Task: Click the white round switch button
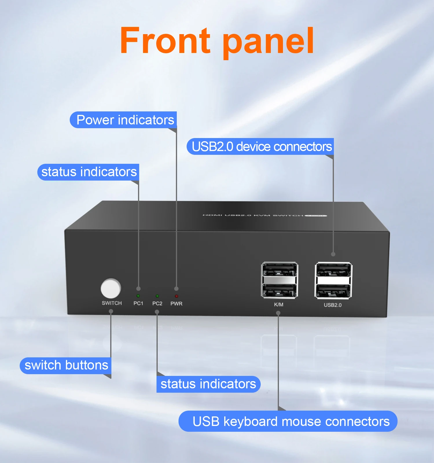pyautogui.click(x=111, y=288)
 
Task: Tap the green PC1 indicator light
pyautogui.click(x=138, y=296)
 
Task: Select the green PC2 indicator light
pyautogui.click(x=157, y=296)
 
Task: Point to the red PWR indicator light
pyautogui.click(x=176, y=296)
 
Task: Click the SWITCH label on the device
pyautogui.click(x=112, y=303)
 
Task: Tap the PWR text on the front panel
pyautogui.click(x=176, y=304)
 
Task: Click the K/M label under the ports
pyautogui.click(x=279, y=304)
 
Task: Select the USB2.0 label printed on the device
pyautogui.click(x=332, y=305)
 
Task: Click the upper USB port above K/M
pyautogui.click(x=279, y=270)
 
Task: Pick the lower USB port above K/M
pyautogui.click(x=279, y=290)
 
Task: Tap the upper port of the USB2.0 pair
pyautogui.click(x=333, y=270)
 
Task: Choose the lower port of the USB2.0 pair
pyautogui.click(x=333, y=291)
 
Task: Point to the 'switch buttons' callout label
pyautogui.click(x=66, y=365)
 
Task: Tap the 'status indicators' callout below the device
pyautogui.click(x=208, y=384)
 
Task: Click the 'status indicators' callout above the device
pyautogui.click(x=89, y=172)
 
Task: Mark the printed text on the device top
pyautogui.click(x=264, y=215)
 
